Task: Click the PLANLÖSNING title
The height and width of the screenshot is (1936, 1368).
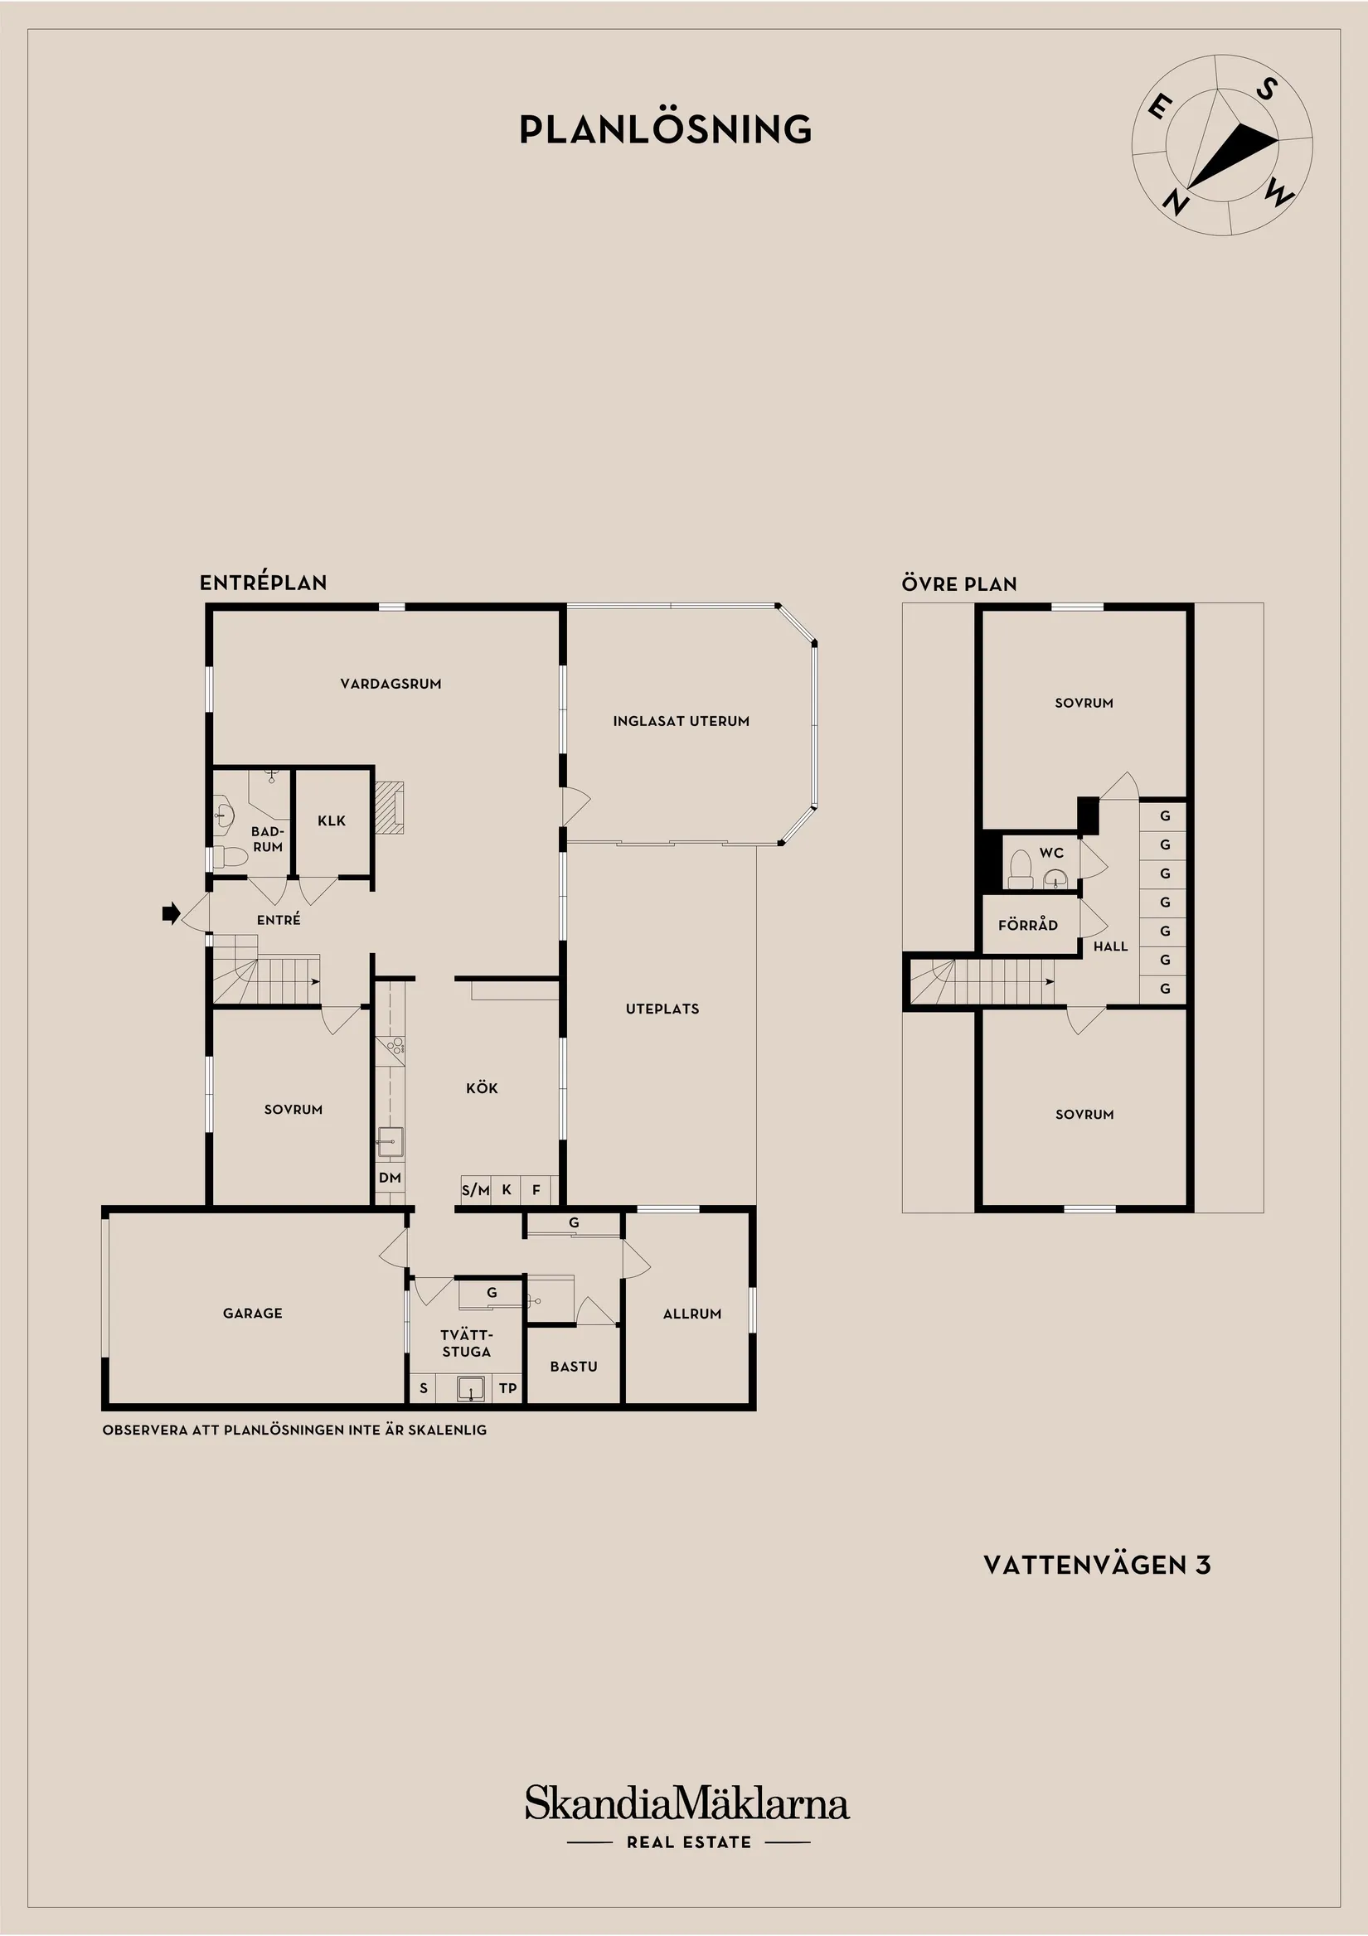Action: (x=666, y=129)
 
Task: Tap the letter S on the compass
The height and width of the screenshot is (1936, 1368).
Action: (x=1266, y=89)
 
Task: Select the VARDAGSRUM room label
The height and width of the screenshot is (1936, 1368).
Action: (x=391, y=684)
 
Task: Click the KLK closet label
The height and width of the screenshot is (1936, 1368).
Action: (x=332, y=820)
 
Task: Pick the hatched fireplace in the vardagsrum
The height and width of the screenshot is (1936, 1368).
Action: (x=389, y=807)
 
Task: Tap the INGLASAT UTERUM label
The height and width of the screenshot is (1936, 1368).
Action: (x=682, y=721)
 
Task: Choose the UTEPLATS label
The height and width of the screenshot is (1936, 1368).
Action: (x=663, y=1009)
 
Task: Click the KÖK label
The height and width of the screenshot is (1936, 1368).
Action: (x=483, y=1087)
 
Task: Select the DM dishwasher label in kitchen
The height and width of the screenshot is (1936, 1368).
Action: (x=390, y=1178)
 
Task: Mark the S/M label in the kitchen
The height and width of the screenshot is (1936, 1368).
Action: (x=476, y=1191)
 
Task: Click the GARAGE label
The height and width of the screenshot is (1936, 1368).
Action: (x=253, y=1313)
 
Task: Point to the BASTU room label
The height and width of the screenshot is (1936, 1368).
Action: (x=574, y=1366)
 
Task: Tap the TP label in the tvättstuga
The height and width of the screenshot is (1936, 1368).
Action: (x=507, y=1388)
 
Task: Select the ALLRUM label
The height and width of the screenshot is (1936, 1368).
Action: (x=692, y=1314)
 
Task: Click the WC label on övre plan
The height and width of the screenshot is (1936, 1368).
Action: (x=1052, y=853)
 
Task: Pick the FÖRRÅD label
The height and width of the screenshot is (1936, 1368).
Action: (x=1028, y=924)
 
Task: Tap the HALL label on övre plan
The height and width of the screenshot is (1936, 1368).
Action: (x=1111, y=946)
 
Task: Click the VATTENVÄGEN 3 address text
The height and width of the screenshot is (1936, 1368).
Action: (x=1097, y=1565)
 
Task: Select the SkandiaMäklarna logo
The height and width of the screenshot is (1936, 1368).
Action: (x=687, y=1804)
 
